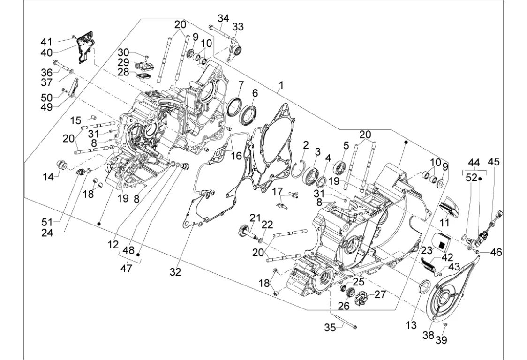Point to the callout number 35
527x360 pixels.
point(331,328)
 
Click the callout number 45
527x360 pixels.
point(494,162)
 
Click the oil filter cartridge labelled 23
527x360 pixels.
point(440,242)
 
